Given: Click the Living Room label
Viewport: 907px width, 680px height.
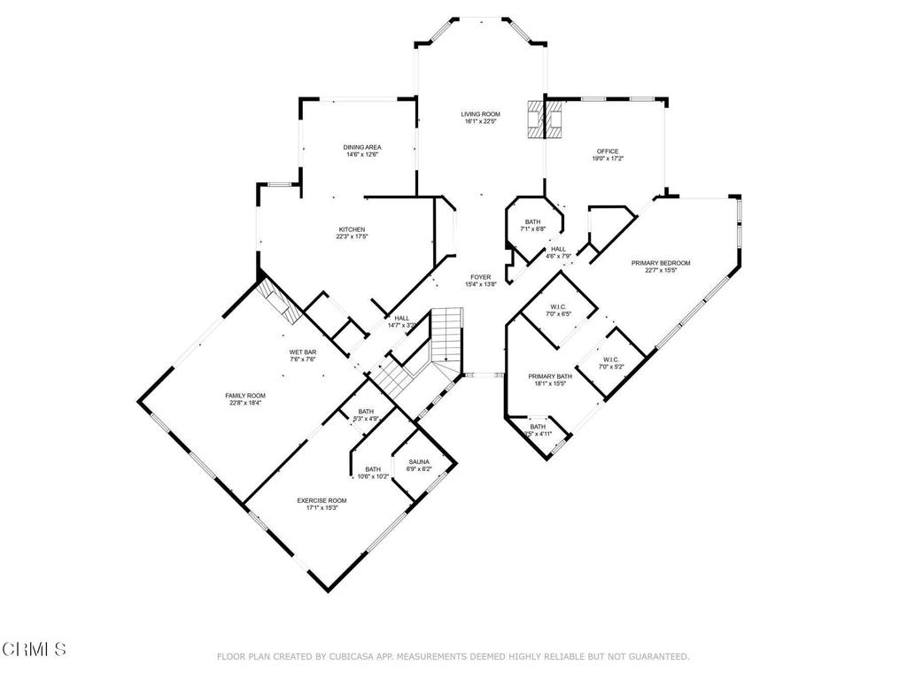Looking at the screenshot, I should click(x=481, y=114).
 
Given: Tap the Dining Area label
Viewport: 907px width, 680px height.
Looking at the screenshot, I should click(x=361, y=147).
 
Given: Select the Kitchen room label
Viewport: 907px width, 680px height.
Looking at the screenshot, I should click(x=351, y=229).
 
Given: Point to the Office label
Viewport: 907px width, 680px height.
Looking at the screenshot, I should click(x=607, y=151).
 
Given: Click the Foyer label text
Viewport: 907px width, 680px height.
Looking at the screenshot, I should click(x=481, y=277).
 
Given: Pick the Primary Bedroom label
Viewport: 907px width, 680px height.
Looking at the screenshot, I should click(x=660, y=263).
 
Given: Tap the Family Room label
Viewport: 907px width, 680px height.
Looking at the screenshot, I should click(x=244, y=396).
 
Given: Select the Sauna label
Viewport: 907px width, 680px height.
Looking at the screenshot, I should click(x=419, y=462).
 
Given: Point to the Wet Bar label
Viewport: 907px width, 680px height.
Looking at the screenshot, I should click(x=303, y=352).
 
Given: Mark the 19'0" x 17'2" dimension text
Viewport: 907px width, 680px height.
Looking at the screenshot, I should click(x=607, y=159).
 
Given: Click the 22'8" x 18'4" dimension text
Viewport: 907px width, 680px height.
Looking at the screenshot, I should click(x=244, y=403).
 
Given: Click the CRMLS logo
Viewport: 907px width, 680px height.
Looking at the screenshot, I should click(x=34, y=649).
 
